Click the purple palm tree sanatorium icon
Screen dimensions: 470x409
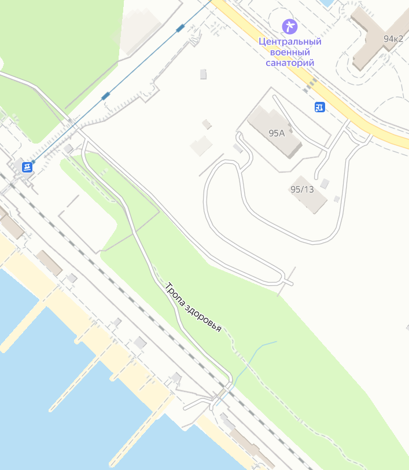289,26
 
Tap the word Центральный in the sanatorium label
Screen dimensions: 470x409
290,42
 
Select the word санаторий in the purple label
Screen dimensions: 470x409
290,63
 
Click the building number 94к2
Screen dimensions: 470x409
393,39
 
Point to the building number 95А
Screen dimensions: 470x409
277,133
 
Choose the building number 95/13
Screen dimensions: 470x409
301,189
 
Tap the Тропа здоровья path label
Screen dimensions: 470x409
193,307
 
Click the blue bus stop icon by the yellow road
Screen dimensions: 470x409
319,107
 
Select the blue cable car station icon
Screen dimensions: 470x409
27,167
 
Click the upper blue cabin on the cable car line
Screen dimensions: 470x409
180,27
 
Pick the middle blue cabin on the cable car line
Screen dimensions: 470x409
105,96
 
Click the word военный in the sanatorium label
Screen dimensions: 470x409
289,52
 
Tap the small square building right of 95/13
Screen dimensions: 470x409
337,199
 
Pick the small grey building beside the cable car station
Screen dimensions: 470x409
68,149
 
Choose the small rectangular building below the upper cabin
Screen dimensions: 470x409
203,74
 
